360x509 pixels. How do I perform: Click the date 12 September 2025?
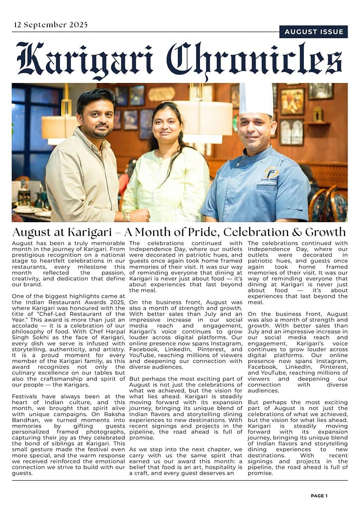click(x=51, y=25)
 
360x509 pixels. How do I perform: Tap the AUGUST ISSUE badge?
click(x=313, y=32)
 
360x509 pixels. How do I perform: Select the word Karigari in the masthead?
click(x=85, y=60)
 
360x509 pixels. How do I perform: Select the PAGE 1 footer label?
click(x=319, y=496)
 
